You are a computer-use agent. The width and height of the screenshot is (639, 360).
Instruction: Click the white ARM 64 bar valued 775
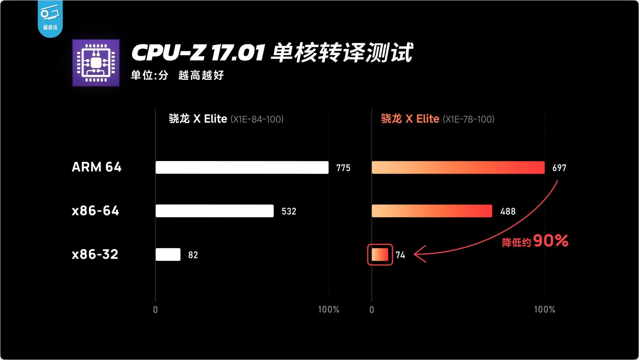242,167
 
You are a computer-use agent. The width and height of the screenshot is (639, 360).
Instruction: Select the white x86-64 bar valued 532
214,211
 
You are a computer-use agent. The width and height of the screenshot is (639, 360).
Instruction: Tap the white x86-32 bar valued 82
168,254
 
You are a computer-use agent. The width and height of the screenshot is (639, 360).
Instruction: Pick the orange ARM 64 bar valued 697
458,167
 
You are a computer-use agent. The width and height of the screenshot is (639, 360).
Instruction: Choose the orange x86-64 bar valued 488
432,211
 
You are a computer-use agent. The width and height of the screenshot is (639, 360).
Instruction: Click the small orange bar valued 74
380,254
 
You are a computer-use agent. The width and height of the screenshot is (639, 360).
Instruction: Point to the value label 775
343,168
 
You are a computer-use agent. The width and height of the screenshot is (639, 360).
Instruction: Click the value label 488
508,211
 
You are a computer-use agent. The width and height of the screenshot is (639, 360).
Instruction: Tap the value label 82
193,255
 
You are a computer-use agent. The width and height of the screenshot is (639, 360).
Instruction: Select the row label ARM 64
97,167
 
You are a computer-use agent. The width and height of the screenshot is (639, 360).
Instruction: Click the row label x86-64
95,211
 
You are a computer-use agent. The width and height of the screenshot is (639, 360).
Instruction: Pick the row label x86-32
95,254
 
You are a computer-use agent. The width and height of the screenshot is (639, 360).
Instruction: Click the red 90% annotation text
550,241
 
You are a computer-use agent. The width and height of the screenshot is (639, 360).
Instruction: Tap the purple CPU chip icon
96,63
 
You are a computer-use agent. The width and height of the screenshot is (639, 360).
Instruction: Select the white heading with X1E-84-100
226,119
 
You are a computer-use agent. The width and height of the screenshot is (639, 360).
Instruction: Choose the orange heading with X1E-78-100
437,119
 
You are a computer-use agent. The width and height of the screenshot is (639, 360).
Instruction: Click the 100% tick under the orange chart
544,310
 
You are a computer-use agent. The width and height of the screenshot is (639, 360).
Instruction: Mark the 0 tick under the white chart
155,310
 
